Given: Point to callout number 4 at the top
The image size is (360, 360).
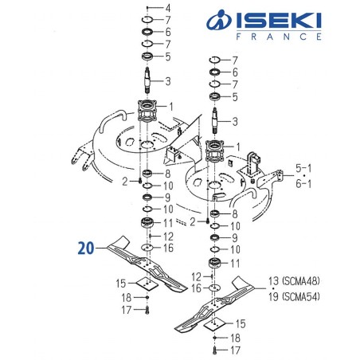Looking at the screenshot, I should [166, 7].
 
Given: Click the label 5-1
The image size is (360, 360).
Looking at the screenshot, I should [306, 170].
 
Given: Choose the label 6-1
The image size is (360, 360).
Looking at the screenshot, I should [306, 184].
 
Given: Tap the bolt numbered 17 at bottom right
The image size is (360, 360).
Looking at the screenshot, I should [214, 348].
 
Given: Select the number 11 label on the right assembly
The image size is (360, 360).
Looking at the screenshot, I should [234, 262].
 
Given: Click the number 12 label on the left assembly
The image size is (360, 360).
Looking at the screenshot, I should [168, 237].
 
